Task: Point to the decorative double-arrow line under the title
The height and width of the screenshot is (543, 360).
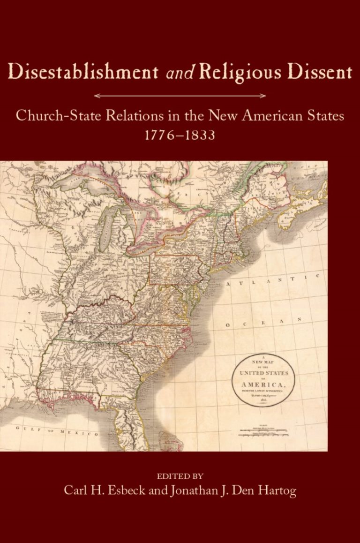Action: pos(180,96)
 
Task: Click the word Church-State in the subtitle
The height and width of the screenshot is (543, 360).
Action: pos(60,116)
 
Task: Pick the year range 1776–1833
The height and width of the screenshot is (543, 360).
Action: pos(180,136)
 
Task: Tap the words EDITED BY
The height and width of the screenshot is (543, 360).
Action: pos(180,475)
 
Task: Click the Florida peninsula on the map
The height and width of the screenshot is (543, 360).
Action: pos(131,422)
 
